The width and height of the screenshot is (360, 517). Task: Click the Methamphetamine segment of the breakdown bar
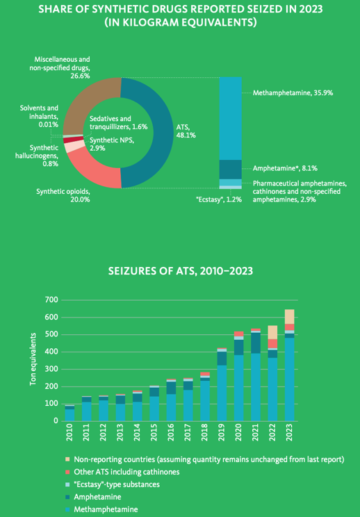point(231,118)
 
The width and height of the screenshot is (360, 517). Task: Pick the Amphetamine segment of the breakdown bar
point(231,170)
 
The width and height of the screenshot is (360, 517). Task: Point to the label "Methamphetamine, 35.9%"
point(293,93)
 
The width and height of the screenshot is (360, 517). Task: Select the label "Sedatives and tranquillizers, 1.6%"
point(118,122)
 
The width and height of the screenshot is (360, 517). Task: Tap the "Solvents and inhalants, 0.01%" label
point(39,116)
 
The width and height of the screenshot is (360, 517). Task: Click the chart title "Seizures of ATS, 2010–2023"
point(180,272)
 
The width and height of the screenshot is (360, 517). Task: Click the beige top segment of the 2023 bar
point(289,317)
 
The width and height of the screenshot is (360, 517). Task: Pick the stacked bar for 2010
point(69,413)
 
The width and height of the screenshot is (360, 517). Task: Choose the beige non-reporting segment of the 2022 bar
point(272,332)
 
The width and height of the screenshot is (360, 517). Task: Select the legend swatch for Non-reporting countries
point(68,459)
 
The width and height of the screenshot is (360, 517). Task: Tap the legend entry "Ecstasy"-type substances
point(113,484)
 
